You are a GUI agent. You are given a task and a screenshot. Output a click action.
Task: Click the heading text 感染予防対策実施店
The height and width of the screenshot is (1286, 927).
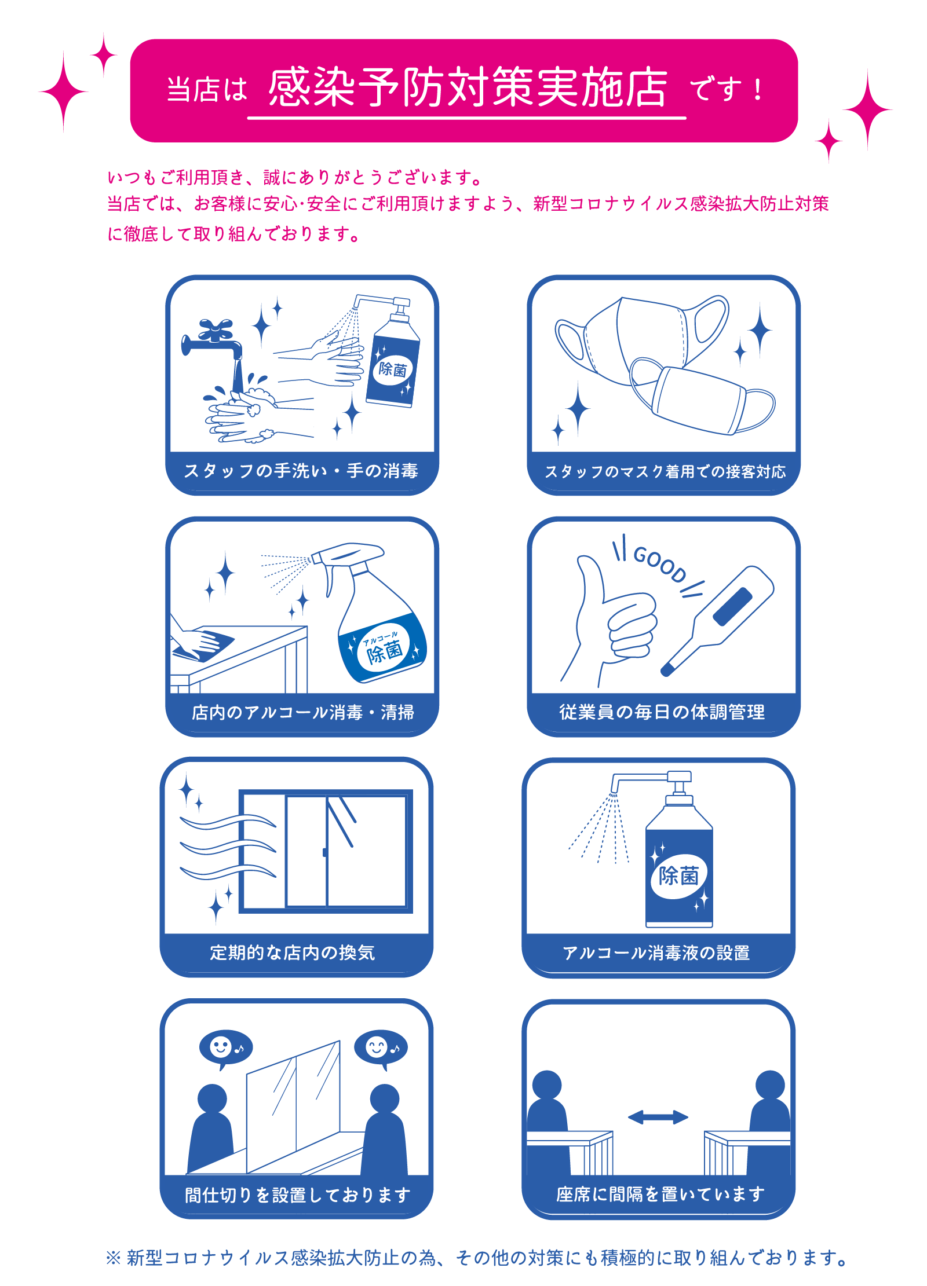point(467,87)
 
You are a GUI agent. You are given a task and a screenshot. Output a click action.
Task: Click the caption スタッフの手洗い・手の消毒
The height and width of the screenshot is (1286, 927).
point(301,471)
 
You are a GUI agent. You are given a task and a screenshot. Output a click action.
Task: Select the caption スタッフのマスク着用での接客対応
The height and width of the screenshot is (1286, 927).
point(665,471)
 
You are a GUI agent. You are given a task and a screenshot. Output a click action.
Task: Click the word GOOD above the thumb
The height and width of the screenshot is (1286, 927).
point(659,563)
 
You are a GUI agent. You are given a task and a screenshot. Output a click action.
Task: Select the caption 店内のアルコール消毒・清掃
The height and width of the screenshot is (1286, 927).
point(302,712)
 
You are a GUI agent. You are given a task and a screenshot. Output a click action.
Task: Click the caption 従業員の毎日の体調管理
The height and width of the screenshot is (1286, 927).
point(662,712)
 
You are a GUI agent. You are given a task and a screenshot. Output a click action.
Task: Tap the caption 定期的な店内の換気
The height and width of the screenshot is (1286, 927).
point(292,952)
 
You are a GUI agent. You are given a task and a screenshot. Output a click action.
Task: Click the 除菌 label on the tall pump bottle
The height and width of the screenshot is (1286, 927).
point(678,875)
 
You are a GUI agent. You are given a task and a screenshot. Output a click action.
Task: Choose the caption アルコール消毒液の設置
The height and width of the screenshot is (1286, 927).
point(656,952)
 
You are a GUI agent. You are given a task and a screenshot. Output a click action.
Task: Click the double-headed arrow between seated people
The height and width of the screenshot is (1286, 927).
point(658,1117)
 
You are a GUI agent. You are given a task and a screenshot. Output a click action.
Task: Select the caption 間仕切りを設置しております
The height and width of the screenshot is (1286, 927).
point(297,1195)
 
